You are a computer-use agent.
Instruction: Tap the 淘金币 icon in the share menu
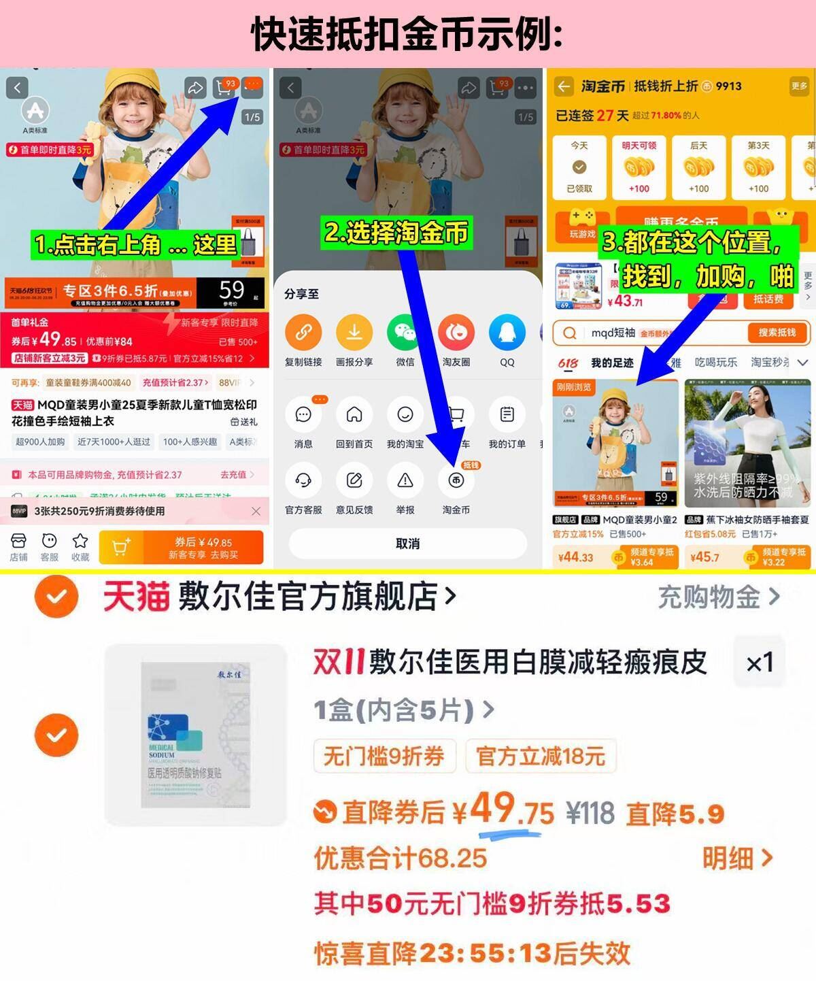pyautogui.click(x=456, y=482)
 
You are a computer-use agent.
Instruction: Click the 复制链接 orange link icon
pyautogui.click(x=303, y=333)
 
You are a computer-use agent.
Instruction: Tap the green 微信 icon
pyautogui.click(x=405, y=333)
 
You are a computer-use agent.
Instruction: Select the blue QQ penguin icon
pyautogui.click(x=507, y=333)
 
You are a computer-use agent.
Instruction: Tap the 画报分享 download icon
pyautogui.click(x=354, y=333)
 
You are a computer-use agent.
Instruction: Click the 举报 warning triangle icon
pyautogui.click(x=405, y=481)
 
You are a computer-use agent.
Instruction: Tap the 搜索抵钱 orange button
pyautogui.click(x=777, y=333)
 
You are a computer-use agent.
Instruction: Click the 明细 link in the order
pyautogui.click(x=737, y=858)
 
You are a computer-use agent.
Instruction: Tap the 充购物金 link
pyautogui.click(x=718, y=597)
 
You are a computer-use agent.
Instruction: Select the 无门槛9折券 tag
pyautogui.click(x=384, y=756)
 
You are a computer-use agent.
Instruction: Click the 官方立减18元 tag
pyautogui.click(x=541, y=756)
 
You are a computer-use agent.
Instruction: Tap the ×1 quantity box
pyautogui.click(x=760, y=663)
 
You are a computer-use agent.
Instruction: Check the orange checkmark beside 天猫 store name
pyautogui.click(x=56, y=597)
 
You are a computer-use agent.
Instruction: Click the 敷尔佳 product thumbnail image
pyautogui.click(x=196, y=735)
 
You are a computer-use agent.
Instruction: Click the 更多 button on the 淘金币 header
pyautogui.click(x=799, y=86)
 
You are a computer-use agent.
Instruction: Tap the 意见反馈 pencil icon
pyautogui.click(x=354, y=481)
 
